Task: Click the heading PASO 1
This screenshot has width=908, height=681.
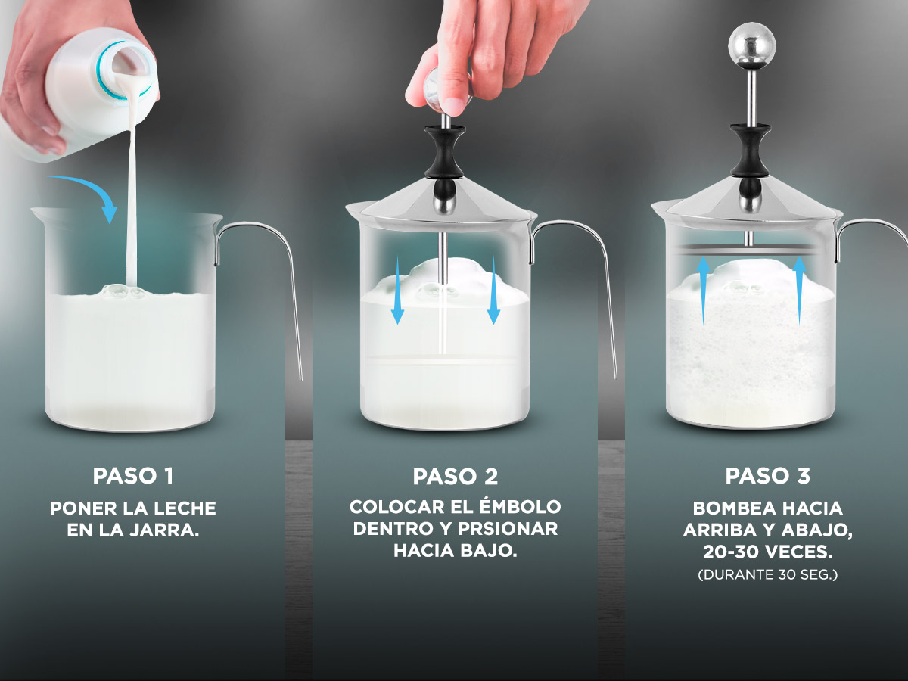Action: point(132,476)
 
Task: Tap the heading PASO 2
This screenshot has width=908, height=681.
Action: point(455,477)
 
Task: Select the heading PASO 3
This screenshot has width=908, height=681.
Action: point(767,476)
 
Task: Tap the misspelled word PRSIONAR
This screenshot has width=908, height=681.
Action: point(507,529)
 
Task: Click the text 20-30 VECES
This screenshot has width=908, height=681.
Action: point(767,552)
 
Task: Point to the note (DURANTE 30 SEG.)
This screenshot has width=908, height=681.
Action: point(767,575)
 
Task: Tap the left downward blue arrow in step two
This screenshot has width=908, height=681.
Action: point(397,290)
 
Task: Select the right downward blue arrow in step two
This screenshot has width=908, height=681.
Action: point(493,290)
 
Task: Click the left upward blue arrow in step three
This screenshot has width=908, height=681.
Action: point(703,291)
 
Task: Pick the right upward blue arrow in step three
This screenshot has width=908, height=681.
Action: point(799,291)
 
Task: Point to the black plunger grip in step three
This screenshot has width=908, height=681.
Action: point(751,150)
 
